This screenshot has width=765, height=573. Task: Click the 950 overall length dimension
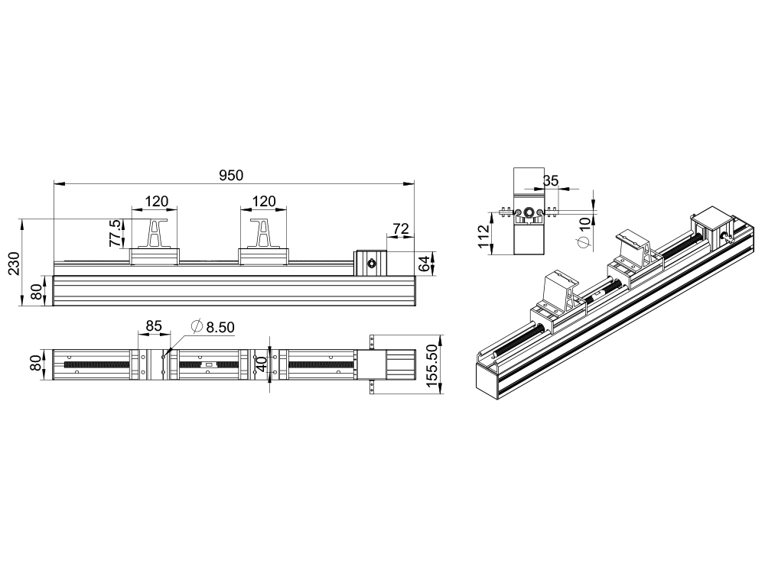click(x=231, y=176)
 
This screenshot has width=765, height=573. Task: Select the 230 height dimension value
click(x=15, y=264)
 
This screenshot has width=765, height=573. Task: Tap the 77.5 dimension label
click(x=115, y=232)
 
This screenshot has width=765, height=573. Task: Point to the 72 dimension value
click(x=401, y=228)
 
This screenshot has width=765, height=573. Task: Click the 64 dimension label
click(x=425, y=264)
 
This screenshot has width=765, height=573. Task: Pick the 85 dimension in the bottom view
click(x=154, y=325)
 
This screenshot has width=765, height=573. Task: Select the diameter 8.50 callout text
click(x=213, y=327)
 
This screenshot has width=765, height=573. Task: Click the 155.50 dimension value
click(x=433, y=365)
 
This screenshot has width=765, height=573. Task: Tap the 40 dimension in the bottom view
click(x=262, y=364)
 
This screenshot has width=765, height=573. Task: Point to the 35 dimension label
click(x=551, y=181)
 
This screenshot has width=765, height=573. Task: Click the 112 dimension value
click(x=483, y=236)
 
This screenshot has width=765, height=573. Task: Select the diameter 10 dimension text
click(x=584, y=232)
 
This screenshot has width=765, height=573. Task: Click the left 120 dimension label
click(x=157, y=201)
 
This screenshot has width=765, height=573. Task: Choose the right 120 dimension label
click(x=264, y=201)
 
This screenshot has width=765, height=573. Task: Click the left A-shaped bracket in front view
click(x=155, y=233)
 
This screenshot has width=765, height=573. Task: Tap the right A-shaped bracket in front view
click(x=263, y=233)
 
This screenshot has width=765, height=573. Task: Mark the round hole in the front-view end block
click(x=370, y=264)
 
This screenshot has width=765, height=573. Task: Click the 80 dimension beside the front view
click(x=37, y=291)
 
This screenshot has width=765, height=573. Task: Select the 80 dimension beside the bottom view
click(x=37, y=363)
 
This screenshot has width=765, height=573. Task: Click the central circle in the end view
click(x=529, y=212)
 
